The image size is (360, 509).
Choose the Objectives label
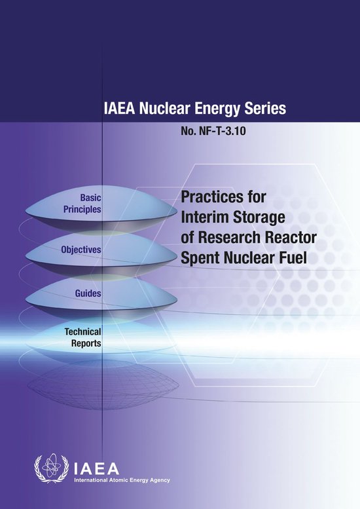81,250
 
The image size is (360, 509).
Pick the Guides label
88,293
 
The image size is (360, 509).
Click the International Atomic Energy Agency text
120,480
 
